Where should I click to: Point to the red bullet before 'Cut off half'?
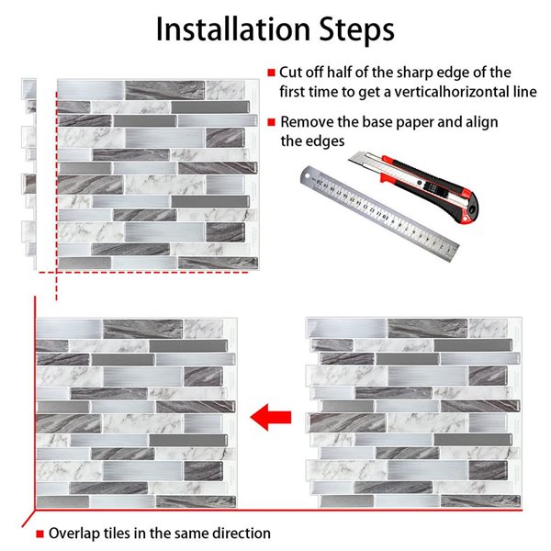[x=271, y=73]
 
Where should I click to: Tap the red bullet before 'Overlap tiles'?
[x=39, y=534]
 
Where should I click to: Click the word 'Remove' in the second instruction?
[x=308, y=121]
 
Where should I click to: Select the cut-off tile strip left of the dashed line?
[x=29, y=174]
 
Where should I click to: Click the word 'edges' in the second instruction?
[x=325, y=141]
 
